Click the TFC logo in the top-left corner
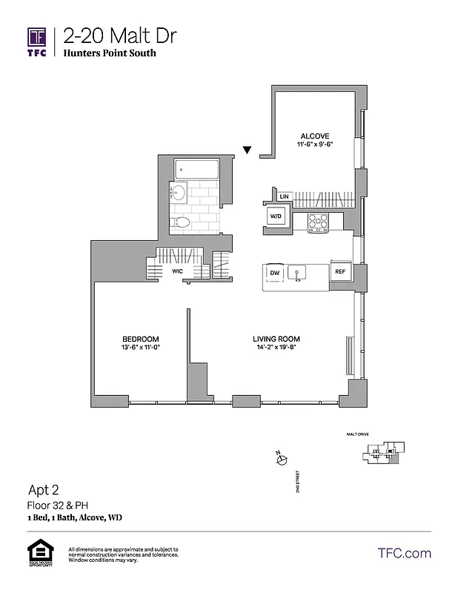pyautogui.click(x=38, y=42)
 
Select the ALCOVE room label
pyautogui.click(x=314, y=136)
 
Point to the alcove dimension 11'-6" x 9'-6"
pyautogui.click(x=314, y=145)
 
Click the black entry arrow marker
pyautogui.click(x=248, y=150)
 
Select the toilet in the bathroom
pyautogui.click(x=181, y=222)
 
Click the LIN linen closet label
pyautogui.click(x=283, y=196)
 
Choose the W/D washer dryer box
pyautogui.click(x=276, y=216)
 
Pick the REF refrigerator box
pyautogui.click(x=340, y=272)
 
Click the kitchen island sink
pyautogui.click(x=298, y=273)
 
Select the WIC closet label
pyautogui.click(x=178, y=272)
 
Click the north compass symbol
pyautogui.click(x=281, y=460)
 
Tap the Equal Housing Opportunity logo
pyautogui.click(x=36, y=553)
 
